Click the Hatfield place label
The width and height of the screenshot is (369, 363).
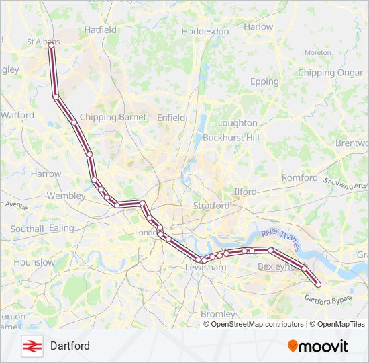coord(101,30)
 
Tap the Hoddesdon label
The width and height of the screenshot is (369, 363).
coord(205,32)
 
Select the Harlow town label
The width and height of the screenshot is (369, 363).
coord(258,27)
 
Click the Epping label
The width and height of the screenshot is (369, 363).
coord(264,82)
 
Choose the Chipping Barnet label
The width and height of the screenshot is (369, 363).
coord(113,118)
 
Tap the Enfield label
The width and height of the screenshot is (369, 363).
coord(171,118)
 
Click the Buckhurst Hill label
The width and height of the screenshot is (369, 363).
coord(231,137)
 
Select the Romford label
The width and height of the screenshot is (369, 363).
coord(300,178)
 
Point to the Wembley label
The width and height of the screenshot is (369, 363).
coord(66,196)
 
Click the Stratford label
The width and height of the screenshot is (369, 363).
coord(211,206)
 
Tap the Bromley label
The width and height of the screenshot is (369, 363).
coord(218,314)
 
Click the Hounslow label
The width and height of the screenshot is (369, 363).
coord(34,262)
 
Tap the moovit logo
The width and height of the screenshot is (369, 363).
coord(318,346)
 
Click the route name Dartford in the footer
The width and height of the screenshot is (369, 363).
coord(70,346)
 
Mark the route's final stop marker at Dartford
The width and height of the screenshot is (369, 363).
coord(318,284)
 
